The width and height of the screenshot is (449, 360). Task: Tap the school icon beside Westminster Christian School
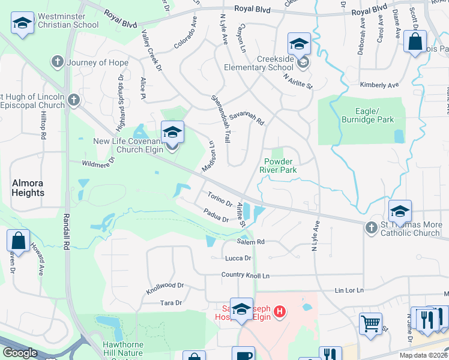point(23,23)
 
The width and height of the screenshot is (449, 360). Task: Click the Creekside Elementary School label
point(276,63)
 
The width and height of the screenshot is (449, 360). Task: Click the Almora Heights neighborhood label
point(28,187)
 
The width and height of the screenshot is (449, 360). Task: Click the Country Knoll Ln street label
point(246,275)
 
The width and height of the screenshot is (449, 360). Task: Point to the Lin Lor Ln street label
point(350,290)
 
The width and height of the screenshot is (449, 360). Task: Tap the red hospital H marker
point(279,311)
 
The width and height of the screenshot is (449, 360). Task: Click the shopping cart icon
point(370,324)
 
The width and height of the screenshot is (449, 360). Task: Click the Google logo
point(20,352)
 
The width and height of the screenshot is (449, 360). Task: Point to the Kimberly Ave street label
point(379,85)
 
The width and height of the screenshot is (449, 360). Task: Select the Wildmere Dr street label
point(99,163)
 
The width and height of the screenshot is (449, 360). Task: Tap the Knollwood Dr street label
point(165,289)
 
